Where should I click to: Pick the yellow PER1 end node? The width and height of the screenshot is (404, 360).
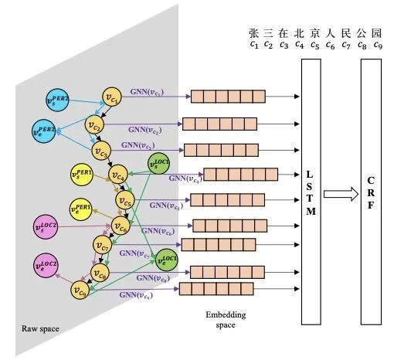pyautogui.click(x=80, y=209)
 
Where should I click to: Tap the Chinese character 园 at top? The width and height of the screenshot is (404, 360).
pyautogui.click(x=378, y=33)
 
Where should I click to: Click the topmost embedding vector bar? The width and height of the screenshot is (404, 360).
pyautogui.click(x=220, y=97)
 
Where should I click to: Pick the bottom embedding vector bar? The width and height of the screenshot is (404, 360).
pyautogui.click(x=206, y=289)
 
